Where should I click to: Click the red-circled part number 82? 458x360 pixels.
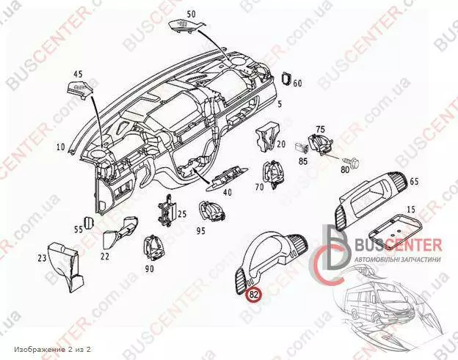[254, 294]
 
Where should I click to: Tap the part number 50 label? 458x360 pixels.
[192, 14]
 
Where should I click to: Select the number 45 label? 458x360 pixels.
[78, 74]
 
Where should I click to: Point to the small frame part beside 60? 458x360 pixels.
[286, 78]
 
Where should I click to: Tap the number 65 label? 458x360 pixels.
[414, 181]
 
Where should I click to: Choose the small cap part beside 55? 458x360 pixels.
[88, 223]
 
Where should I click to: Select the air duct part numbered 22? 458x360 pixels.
[120, 232]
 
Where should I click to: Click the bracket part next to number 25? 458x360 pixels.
[167, 210]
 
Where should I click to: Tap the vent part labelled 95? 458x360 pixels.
[212, 212]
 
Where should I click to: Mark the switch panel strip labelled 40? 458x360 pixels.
[228, 180]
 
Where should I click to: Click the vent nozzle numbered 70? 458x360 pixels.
[272, 174]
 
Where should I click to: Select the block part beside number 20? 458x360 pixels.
[267, 136]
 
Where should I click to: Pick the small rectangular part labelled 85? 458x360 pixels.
[301, 148]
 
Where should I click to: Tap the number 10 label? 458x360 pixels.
[61, 147]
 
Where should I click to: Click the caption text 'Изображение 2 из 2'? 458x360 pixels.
[52, 349]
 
